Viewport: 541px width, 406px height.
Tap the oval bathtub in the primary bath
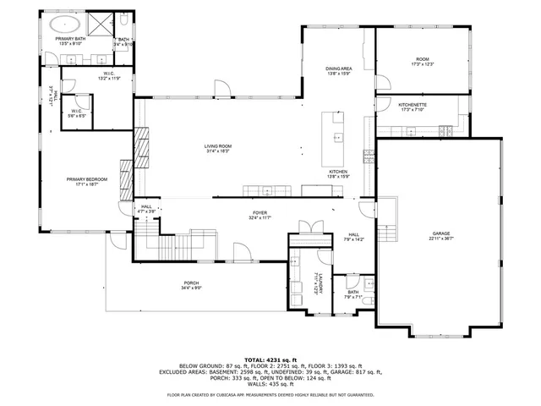[63, 22]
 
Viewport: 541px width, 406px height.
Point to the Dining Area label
[338, 71]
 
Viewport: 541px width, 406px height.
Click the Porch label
[192, 285]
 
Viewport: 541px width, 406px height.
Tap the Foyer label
[260, 215]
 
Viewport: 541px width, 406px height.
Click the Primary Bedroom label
[84, 181]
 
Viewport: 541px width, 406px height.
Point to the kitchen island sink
[337, 136]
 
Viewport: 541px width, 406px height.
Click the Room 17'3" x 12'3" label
[422, 62]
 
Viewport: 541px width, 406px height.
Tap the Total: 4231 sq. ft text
[270, 360]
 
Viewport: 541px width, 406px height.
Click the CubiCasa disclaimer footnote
[270, 395]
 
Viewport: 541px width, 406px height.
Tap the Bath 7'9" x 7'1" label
[352, 294]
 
